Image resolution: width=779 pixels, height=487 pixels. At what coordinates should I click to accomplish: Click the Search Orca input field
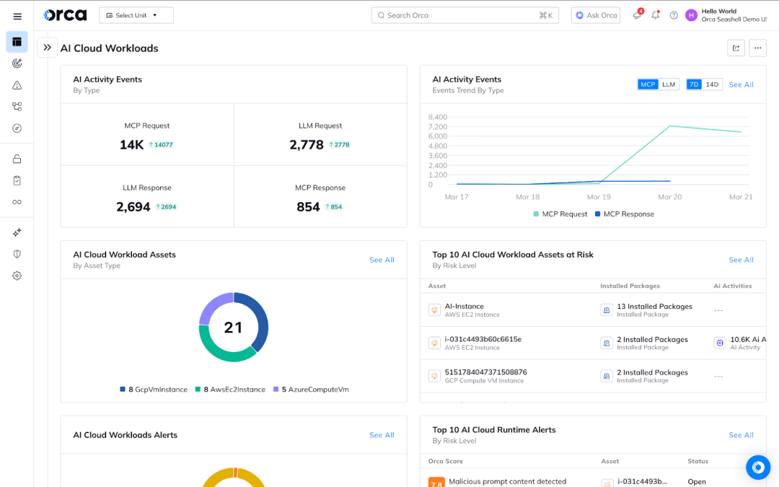coord(462,15)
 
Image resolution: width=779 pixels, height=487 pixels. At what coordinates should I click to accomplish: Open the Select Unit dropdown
coord(136,15)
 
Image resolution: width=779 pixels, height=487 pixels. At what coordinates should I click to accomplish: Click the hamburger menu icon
coord(17,16)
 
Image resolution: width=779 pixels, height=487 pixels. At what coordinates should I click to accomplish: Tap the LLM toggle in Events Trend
coord(669,84)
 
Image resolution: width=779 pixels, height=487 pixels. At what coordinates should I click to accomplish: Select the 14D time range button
coord(712,84)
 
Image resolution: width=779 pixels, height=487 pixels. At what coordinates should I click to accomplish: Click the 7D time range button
coord(694,84)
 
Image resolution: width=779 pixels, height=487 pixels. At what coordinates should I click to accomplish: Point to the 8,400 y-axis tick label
coord(437,117)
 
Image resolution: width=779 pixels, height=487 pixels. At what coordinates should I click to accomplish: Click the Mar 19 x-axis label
coord(599,197)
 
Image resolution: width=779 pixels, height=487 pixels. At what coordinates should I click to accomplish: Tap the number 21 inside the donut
coord(233,328)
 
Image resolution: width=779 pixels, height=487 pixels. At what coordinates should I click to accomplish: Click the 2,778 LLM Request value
coord(307,144)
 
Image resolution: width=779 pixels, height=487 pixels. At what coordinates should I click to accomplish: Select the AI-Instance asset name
coord(464,306)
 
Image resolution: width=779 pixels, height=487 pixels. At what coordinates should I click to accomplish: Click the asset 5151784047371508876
coord(485,372)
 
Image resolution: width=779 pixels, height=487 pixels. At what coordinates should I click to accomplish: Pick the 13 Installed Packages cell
coord(653,307)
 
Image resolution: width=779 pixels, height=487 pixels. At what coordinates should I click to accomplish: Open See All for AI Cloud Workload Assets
coord(382,260)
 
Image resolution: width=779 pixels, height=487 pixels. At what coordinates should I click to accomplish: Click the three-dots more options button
coord(757,48)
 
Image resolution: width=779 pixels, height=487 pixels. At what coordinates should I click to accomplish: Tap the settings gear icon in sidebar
coord(17,276)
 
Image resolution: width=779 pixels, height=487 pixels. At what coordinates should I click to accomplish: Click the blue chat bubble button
coord(757,468)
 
